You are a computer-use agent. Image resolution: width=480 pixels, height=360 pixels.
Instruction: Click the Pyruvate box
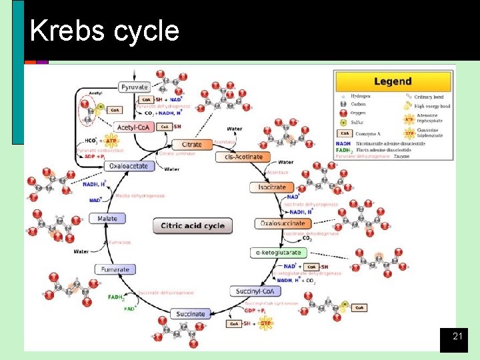(134, 87)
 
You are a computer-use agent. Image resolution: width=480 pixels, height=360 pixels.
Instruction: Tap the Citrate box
(187, 144)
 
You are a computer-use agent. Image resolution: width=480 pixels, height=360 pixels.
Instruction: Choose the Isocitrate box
(271, 187)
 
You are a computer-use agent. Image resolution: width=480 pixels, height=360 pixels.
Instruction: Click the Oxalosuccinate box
(282, 223)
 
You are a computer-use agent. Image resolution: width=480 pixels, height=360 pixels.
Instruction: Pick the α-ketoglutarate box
(278, 253)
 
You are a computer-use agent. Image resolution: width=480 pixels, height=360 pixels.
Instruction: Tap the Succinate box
(191, 313)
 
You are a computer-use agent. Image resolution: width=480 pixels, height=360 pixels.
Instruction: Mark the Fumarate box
(115, 269)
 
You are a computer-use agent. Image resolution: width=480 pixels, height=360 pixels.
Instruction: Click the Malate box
(107, 219)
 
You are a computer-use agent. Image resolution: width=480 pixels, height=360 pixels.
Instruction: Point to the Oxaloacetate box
(128, 166)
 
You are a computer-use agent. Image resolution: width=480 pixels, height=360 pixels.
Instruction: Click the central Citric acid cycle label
(192, 225)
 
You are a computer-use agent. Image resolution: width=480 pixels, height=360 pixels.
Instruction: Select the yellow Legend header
(393, 81)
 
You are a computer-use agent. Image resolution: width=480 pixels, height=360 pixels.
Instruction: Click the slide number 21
(457, 337)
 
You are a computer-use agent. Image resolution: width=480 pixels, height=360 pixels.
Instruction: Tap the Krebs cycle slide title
(105, 31)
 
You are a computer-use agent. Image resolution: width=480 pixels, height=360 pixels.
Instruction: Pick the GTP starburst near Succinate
(266, 323)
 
